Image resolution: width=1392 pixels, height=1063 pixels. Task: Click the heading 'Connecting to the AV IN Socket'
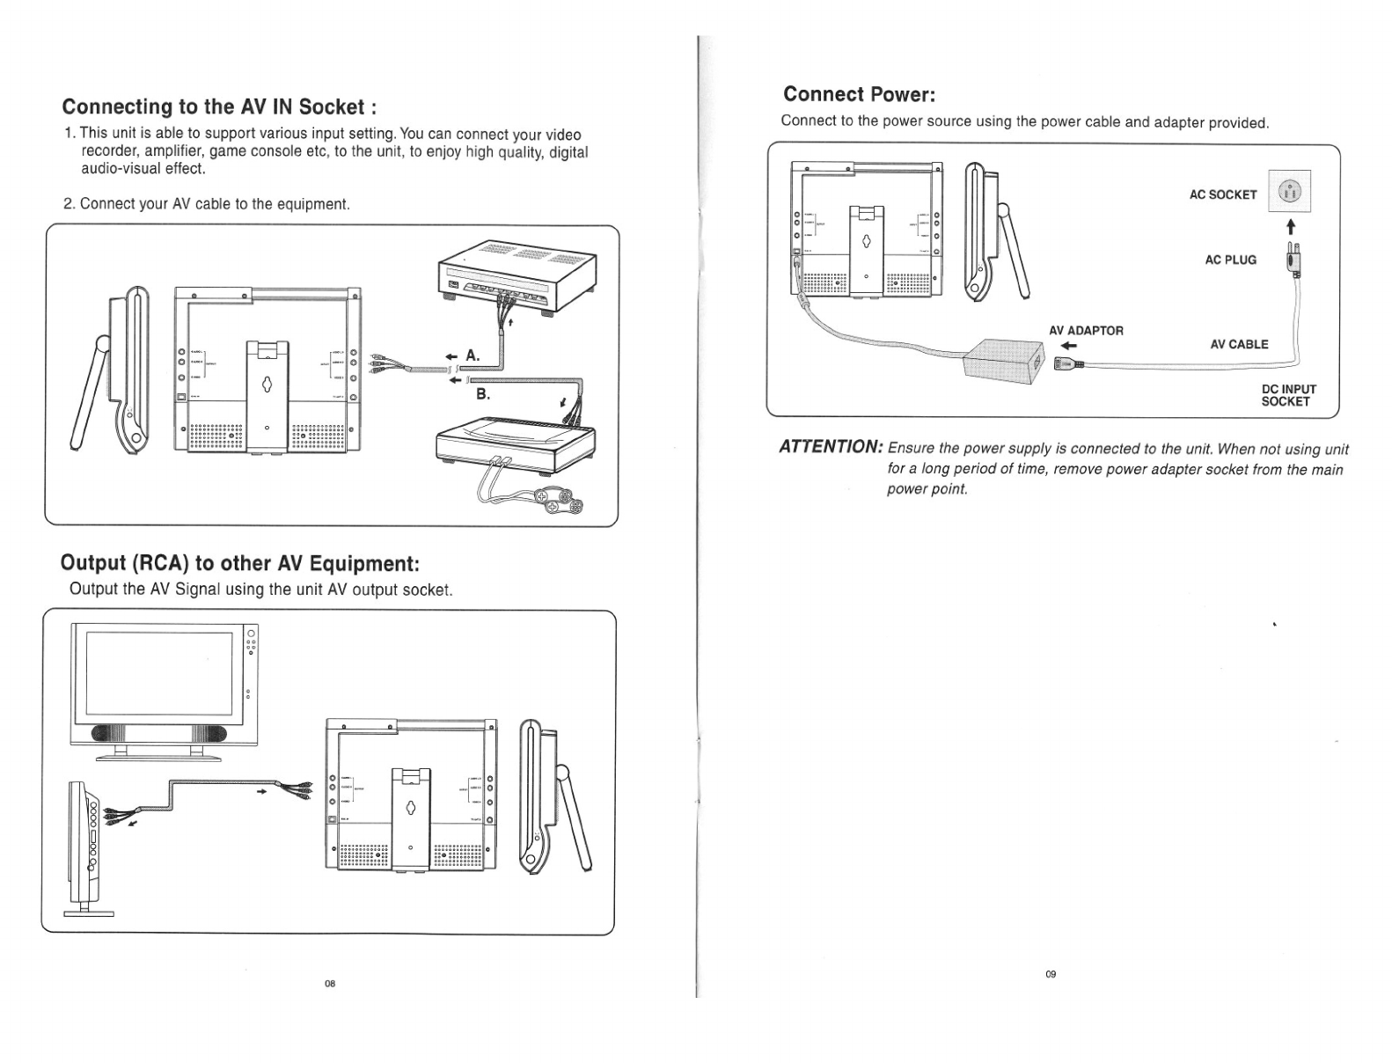pyautogui.click(x=219, y=107)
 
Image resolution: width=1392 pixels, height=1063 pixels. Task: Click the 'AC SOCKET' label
pyautogui.click(x=1222, y=194)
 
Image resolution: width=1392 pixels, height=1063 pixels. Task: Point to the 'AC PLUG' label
pyautogui.click(x=1230, y=260)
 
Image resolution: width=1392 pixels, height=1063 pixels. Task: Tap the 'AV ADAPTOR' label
pyautogui.click(x=1086, y=331)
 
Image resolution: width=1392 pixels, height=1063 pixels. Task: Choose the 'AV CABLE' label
pyautogui.click(x=1239, y=344)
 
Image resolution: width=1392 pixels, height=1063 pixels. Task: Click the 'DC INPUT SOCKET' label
pyautogui.click(x=1288, y=395)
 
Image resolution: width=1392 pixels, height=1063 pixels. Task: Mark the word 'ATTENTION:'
pyautogui.click(x=832, y=447)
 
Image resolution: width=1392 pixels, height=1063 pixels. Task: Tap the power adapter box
pyautogui.click(x=1005, y=360)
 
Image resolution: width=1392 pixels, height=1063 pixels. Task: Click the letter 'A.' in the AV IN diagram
pyautogui.click(x=473, y=356)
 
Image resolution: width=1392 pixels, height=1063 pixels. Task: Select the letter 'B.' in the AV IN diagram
pyautogui.click(x=483, y=393)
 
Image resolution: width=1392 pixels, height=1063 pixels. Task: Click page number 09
pyautogui.click(x=1051, y=973)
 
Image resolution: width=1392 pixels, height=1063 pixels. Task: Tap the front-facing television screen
pyautogui.click(x=159, y=675)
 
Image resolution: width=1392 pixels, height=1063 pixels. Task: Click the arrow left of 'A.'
pyautogui.click(x=451, y=356)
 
